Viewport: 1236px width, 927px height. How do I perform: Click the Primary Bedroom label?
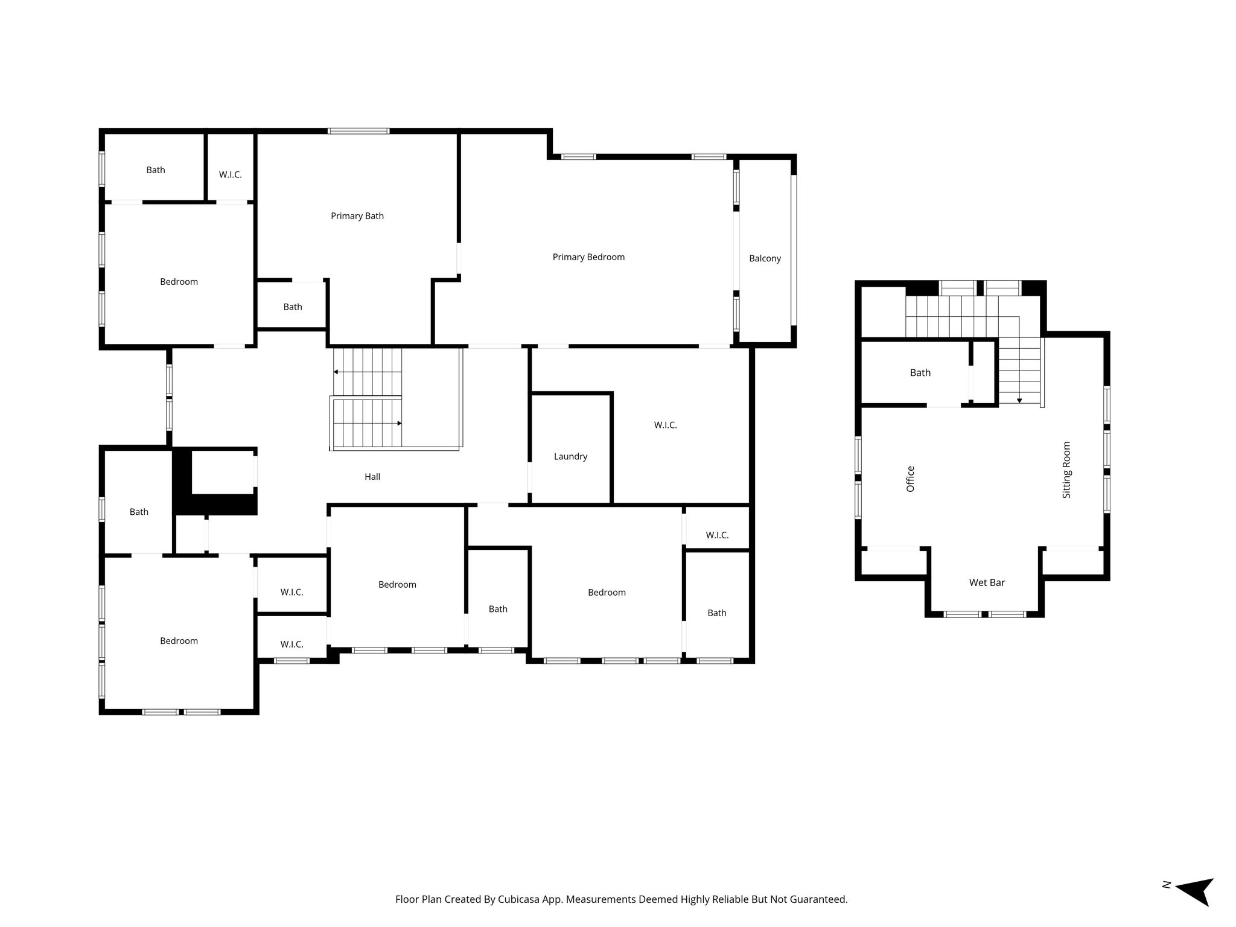click(x=588, y=257)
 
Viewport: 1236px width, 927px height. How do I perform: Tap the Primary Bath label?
click(x=357, y=216)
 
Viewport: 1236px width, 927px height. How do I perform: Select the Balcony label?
click(x=765, y=258)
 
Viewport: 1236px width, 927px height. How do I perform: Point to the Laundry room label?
click(x=570, y=456)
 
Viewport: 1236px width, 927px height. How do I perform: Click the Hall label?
click(x=372, y=477)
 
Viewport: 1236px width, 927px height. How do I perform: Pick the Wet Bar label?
click(x=987, y=582)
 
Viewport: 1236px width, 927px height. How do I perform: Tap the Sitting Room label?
click(x=1066, y=470)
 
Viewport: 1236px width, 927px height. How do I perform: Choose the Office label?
click(x=911, y=479)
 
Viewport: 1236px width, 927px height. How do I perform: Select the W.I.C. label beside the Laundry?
click(x=665, y=425)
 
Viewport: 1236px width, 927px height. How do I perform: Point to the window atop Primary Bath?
click(x=358, y=131)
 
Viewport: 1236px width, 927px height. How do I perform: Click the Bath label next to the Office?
click(x=920, y=373)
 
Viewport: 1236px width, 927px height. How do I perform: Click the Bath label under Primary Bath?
click(x=293, y=307)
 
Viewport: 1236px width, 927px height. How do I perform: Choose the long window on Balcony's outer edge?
click(x=794, y=250)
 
